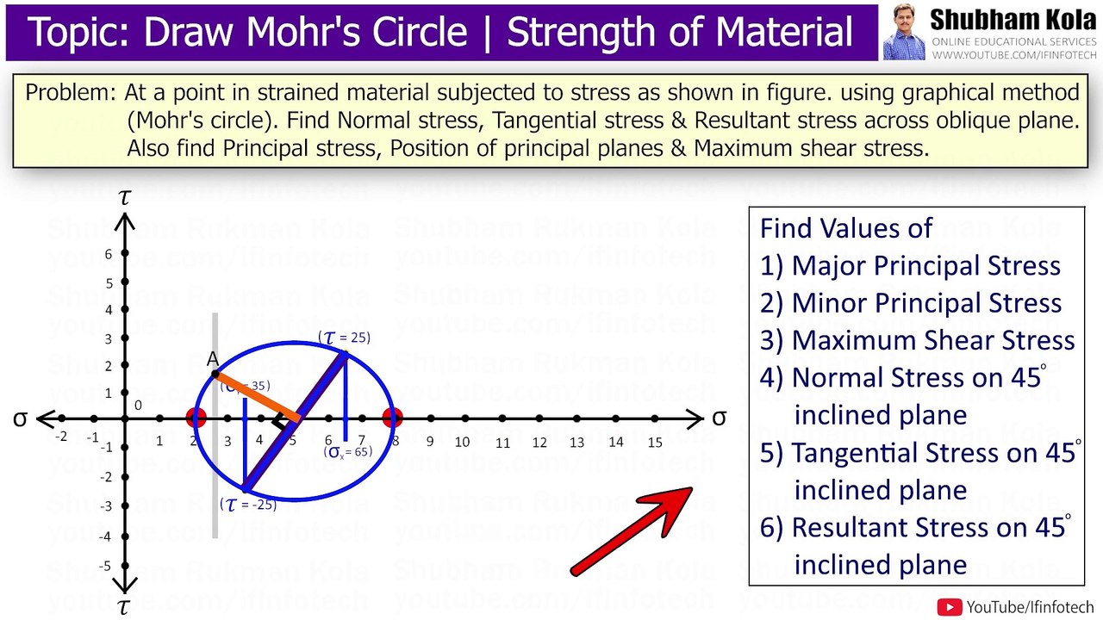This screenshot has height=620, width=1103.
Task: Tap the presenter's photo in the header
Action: [x=903, y=32]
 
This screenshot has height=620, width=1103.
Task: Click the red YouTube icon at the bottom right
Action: [x=950, y=607]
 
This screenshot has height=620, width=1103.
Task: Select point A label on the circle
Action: [x=213, y=358]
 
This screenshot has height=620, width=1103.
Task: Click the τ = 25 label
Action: [x=345, y=338]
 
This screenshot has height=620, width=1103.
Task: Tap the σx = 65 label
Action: [x=348, y=451]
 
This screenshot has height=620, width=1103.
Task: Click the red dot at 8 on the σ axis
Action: [x=393, y=418]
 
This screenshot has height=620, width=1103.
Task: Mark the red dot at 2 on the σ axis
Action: [x=196, y=418]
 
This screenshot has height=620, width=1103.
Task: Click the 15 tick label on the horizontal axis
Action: [x=655, y=442]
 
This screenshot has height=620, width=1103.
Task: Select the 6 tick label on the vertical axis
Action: [x=109, y=254]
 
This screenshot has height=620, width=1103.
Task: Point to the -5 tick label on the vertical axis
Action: [x=105, y=566]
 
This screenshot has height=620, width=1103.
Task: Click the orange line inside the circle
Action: [x=257, y=396]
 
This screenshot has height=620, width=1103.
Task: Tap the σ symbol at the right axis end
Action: [x=719, y=418]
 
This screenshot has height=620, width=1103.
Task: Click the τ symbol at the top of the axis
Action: [x=125, y=197]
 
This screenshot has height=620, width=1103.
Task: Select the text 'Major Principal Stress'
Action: [x=925, y=265]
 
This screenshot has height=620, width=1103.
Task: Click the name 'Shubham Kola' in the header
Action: [x=1013, y=19]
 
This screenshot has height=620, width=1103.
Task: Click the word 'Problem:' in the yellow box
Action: [x=72, y=92]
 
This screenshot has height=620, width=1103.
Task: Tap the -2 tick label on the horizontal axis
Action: [x=60, y=437]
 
